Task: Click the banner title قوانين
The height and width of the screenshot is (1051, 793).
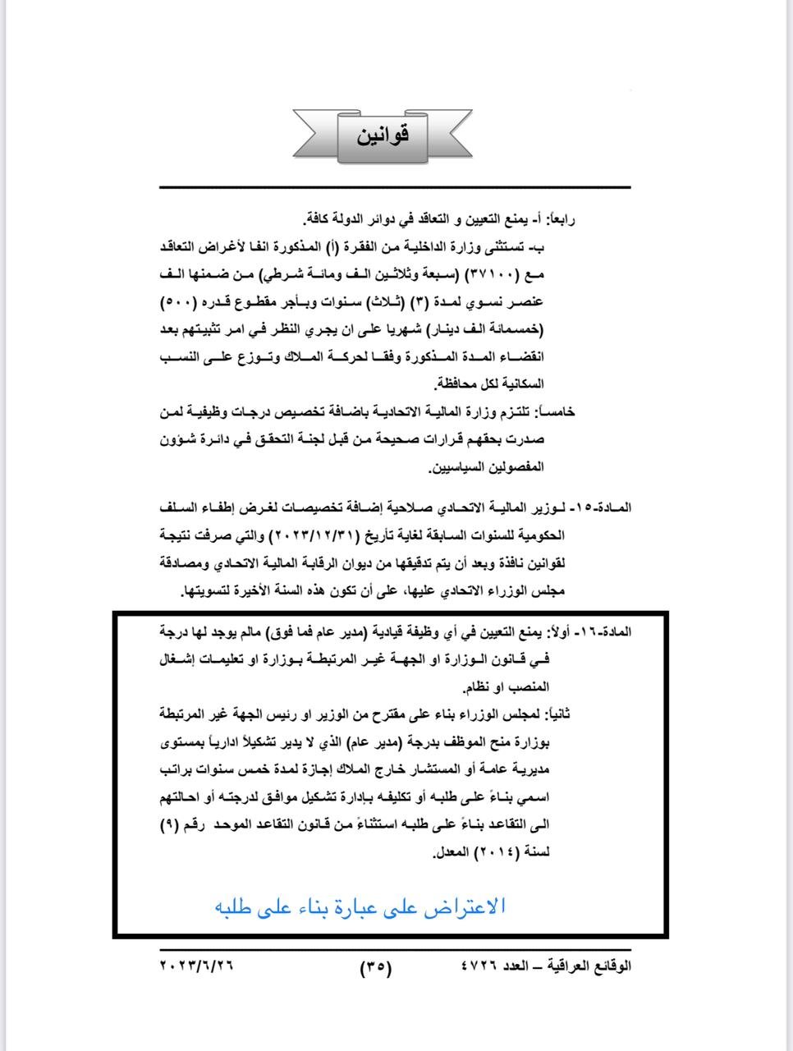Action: [383, 135]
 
